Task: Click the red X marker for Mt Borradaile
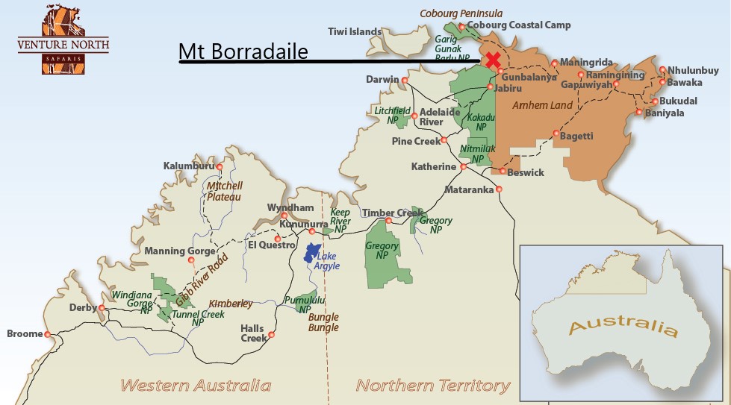click(492, 60)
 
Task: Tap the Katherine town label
click(433, 166)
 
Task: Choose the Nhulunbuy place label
click(693, 70)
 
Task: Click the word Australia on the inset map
click(623, 327)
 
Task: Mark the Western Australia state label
click(196, 385)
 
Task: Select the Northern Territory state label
click(433, 385)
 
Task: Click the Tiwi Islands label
click(355, 32)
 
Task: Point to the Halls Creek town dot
click(272, 335)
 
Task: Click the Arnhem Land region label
click(542, 105)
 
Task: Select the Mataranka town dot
click(499, 189)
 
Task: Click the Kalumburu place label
click(188, 166)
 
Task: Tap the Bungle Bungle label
click(323, 322)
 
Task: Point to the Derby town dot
click(102, 307)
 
